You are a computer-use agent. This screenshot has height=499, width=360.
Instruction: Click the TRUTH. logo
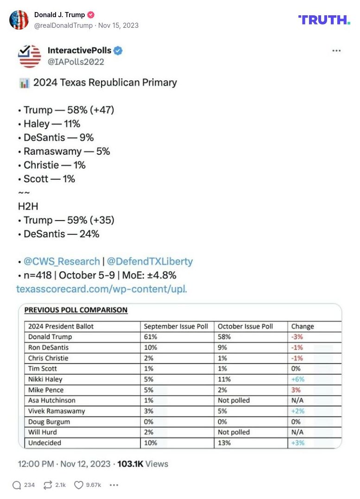click(324, 19)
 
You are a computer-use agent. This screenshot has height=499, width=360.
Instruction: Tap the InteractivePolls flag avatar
click(29, 56)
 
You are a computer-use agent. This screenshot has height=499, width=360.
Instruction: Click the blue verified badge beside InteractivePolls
click(118, 51)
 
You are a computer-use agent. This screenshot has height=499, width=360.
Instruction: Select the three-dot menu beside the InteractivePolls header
click(337, 51)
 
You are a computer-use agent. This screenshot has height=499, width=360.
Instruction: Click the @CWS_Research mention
click(62, 261)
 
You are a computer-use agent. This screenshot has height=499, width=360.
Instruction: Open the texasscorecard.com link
click(101, 289)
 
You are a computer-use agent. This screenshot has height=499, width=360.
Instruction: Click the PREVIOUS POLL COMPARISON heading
click(76, 310)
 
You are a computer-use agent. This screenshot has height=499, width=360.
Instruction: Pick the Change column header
click(303, 326)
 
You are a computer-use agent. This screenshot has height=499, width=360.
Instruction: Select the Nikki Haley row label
click(45, 379)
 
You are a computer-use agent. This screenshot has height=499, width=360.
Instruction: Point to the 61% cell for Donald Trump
click(150, 337)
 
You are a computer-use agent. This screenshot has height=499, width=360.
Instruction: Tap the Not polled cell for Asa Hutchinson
click(234, 400)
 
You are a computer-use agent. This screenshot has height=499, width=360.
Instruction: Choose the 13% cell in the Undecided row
click(224, 442)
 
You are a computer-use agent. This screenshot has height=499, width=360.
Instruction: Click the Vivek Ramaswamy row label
click(57, 411)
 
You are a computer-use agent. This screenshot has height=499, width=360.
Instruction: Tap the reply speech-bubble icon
click(17, 485)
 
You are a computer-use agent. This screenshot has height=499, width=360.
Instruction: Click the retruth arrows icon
click(47, 485)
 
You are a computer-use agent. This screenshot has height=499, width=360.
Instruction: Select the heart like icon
click(79, 485)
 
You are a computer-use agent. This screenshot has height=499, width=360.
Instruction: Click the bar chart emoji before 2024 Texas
click(24, 83)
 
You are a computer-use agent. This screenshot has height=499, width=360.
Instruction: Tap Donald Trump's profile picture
click(19, 20)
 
